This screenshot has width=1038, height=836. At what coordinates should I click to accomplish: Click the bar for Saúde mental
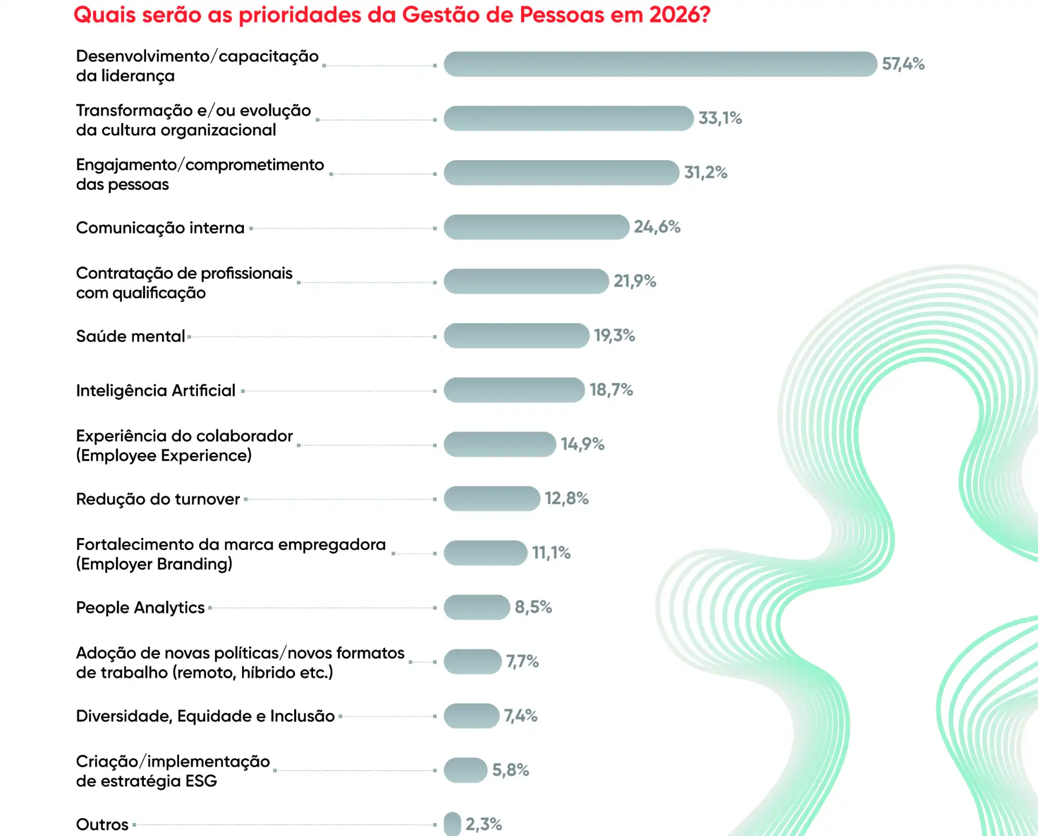click(x=516, y=336)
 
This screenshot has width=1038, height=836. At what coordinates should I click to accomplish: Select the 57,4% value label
click(x=903, y=64)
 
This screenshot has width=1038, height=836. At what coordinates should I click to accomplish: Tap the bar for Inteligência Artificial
click(x=514, y=390)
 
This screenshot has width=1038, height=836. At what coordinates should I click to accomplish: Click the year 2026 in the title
click(x=679, y=15)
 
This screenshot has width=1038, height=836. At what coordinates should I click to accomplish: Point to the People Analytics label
click(x=140, y=608)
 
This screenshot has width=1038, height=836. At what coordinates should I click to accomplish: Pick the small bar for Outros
click(x=453, y=824)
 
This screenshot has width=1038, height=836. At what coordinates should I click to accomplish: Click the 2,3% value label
click(x=483, y=825)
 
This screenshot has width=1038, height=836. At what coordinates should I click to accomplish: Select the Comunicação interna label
click(x=160, y=228)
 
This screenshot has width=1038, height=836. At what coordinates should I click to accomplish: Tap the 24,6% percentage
click(x=657, y=227)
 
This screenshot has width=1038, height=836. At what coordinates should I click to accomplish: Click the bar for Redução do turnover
click(x=492, y=499)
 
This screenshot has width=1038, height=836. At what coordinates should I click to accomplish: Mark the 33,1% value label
click(x=720, y=118)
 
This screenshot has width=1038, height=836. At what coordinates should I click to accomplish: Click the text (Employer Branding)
click(x=154, y=564)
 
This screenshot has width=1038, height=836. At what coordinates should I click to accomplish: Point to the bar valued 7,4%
click(x=471, y=716)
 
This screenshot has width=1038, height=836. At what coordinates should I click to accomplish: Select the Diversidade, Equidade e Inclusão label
click(x=205, y=716)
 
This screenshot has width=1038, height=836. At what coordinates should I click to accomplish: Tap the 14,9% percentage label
click(x=582, y=444)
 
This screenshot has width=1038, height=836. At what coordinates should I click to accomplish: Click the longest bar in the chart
click(x=660, y=64)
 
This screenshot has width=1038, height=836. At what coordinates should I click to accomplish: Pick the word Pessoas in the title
click(x=562, y=15)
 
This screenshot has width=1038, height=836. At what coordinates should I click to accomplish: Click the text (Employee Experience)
click(x=164, y=455)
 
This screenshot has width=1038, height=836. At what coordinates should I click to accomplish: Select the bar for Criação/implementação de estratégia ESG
click(x=465, y=770)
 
